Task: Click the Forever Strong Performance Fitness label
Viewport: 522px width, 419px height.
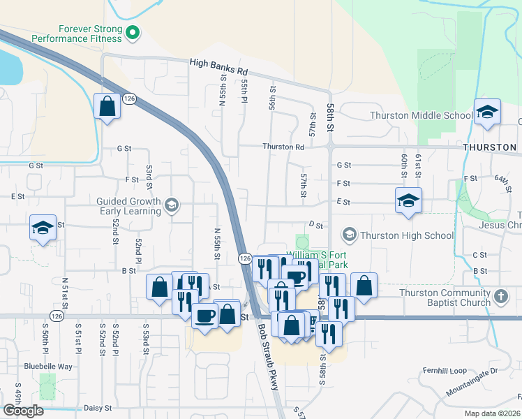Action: click(x=89, y=34)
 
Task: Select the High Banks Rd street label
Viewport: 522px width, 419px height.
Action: click(x=218, y=68)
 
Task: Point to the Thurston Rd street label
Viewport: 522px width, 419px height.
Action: click(x=283, y=147)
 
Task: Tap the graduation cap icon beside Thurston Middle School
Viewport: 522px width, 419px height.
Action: click(x=487, y=112)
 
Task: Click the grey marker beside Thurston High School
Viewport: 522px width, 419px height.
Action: click(x=350, y=234)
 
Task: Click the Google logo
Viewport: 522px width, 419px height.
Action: click(x=23, y=410)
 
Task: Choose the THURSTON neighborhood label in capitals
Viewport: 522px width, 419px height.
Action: click(x=491, y=147)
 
